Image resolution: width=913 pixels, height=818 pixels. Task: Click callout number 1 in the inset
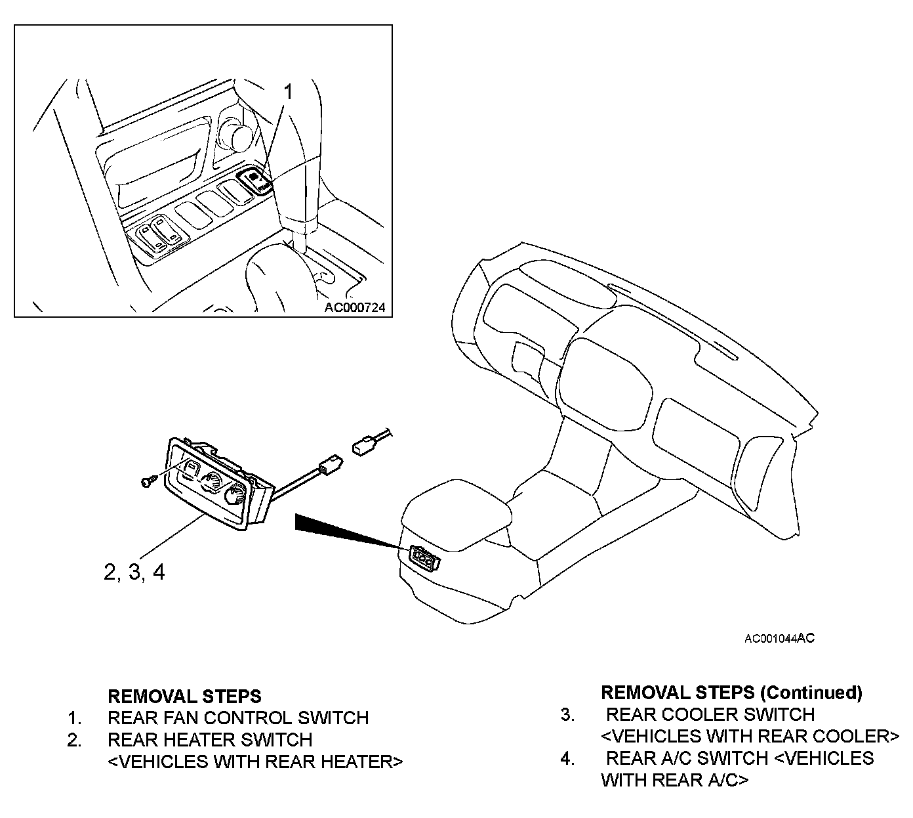click(x=287, y=92)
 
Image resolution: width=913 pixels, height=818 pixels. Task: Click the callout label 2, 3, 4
click(x=134, y=572)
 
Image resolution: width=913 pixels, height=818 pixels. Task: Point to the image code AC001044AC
click(x=779, y=638)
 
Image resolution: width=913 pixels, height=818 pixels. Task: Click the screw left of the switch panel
click(x=146, y=483)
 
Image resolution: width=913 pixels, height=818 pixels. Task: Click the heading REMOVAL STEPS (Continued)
click(x=731, y=692)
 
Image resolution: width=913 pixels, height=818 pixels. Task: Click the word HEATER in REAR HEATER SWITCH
click(x=197, y=740)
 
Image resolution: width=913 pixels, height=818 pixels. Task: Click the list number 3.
click(x=567, y=714)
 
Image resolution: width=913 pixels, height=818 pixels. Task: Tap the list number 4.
click(x=567, y=758)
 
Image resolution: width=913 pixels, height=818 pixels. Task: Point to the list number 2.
click(x=74, y=740)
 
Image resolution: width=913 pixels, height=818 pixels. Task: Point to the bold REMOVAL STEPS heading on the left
click(x=184, y=695)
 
